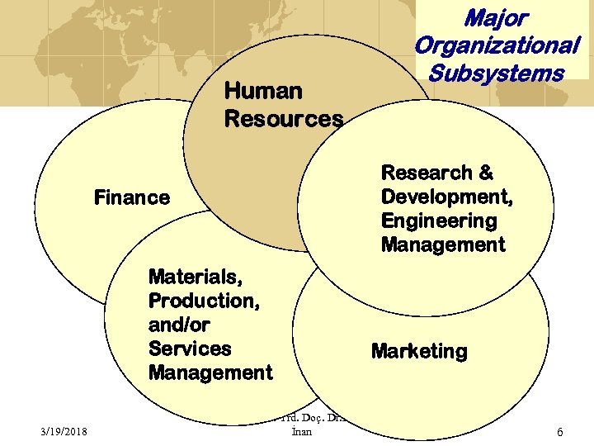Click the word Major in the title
click(495, 17)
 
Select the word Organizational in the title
click(497, 45)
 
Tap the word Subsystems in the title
click(496, 73)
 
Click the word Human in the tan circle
click(263, 90)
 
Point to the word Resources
click(283, 119)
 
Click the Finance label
click(132, 197)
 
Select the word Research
click(426, 173)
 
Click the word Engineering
click(439, 221)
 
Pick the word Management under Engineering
click(443, 244)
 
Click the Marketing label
click(419, 351)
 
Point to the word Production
click(204, 301)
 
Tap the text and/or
click(179, 325)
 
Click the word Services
click(190, 349)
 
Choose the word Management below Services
click(210, 372)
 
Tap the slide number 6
click(560, 432)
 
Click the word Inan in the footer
click(302, 432)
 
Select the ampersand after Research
click(486, 173)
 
